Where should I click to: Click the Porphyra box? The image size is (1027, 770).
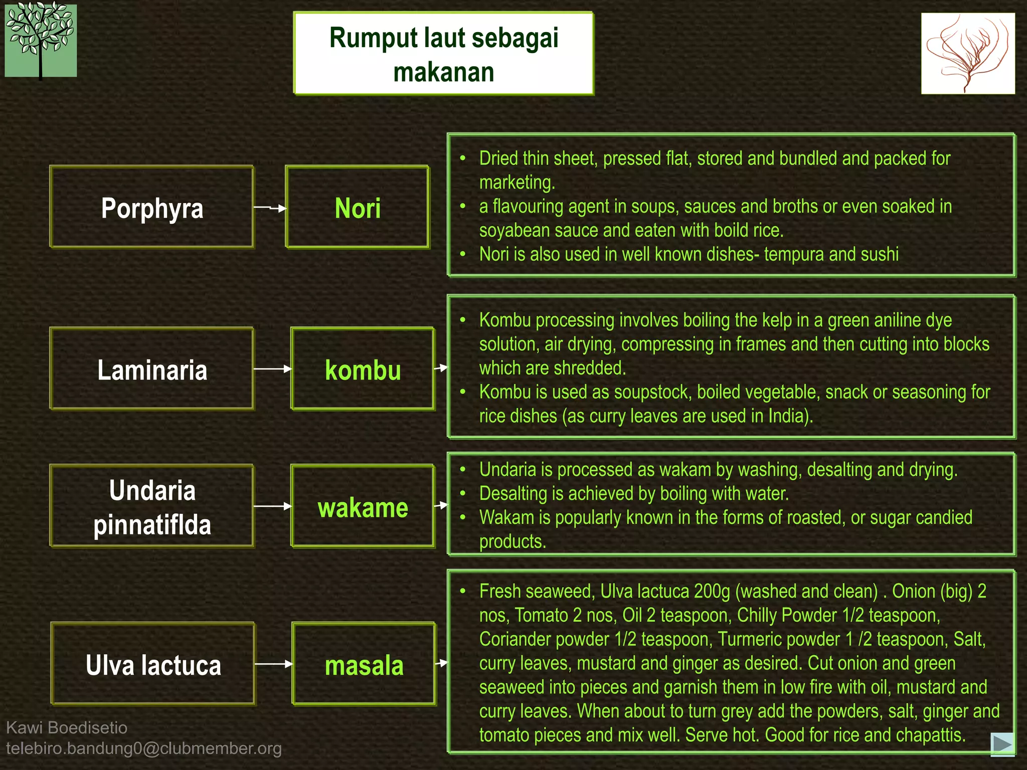pyautogui.click(x=152, y=207)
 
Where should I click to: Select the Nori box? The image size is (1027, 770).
pyautogui.click(x=358, y=207)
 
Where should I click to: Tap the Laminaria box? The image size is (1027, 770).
pyautogui.click(x=152, y=369)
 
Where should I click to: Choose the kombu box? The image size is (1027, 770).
pyautogui.click(x=363, y=369)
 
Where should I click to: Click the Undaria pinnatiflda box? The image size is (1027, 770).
pyautogui.click(x=152, y=506)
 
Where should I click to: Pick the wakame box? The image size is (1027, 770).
pyautogui.click(x=363, y=506)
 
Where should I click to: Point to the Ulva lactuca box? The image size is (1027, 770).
pyautogui.click(x=153, y=664)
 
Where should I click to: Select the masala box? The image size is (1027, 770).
pyautogui.click(x=364, y=664)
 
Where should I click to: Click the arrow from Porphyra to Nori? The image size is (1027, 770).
pyautogui.click(x=270, y=208)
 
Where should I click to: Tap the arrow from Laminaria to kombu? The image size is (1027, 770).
pyautogui.click(x=272, y=369)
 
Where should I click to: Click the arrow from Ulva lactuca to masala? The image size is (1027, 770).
pyautogui.click(x=274, y=664)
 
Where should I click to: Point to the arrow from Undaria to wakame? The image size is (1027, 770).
pyautogui.click(x=272, y=506)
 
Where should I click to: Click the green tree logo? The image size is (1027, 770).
pyautogui.click(x=41, y=41)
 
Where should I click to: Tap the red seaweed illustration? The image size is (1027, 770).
pyautogui.click(x=968, y=53)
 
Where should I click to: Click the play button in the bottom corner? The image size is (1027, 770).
pyautogui.click(x=1002, y=743)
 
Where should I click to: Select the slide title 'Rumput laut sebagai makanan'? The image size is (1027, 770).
pyautogui.click(x=444, y=54)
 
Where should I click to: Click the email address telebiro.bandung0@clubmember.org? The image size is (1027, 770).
pyautogui.click(x=144, y=748)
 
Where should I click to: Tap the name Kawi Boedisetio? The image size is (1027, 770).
pyautogui.click(x=67, y=727)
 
